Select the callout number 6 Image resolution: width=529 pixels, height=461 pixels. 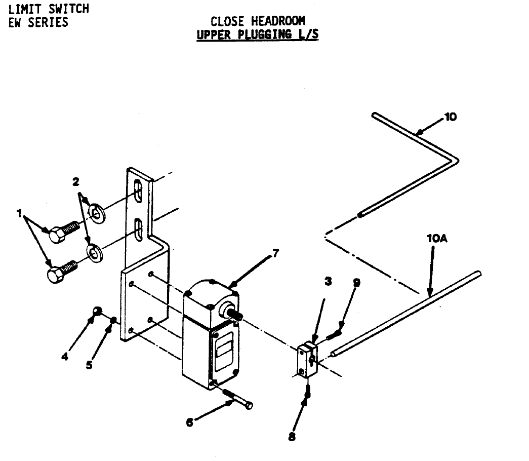(189, 422)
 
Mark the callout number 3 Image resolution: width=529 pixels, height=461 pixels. (329, 282)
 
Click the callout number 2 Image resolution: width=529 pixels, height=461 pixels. (76, 182)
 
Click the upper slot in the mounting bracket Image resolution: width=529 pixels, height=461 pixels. (138, 193)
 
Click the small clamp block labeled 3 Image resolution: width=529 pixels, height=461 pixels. (307, 358)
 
